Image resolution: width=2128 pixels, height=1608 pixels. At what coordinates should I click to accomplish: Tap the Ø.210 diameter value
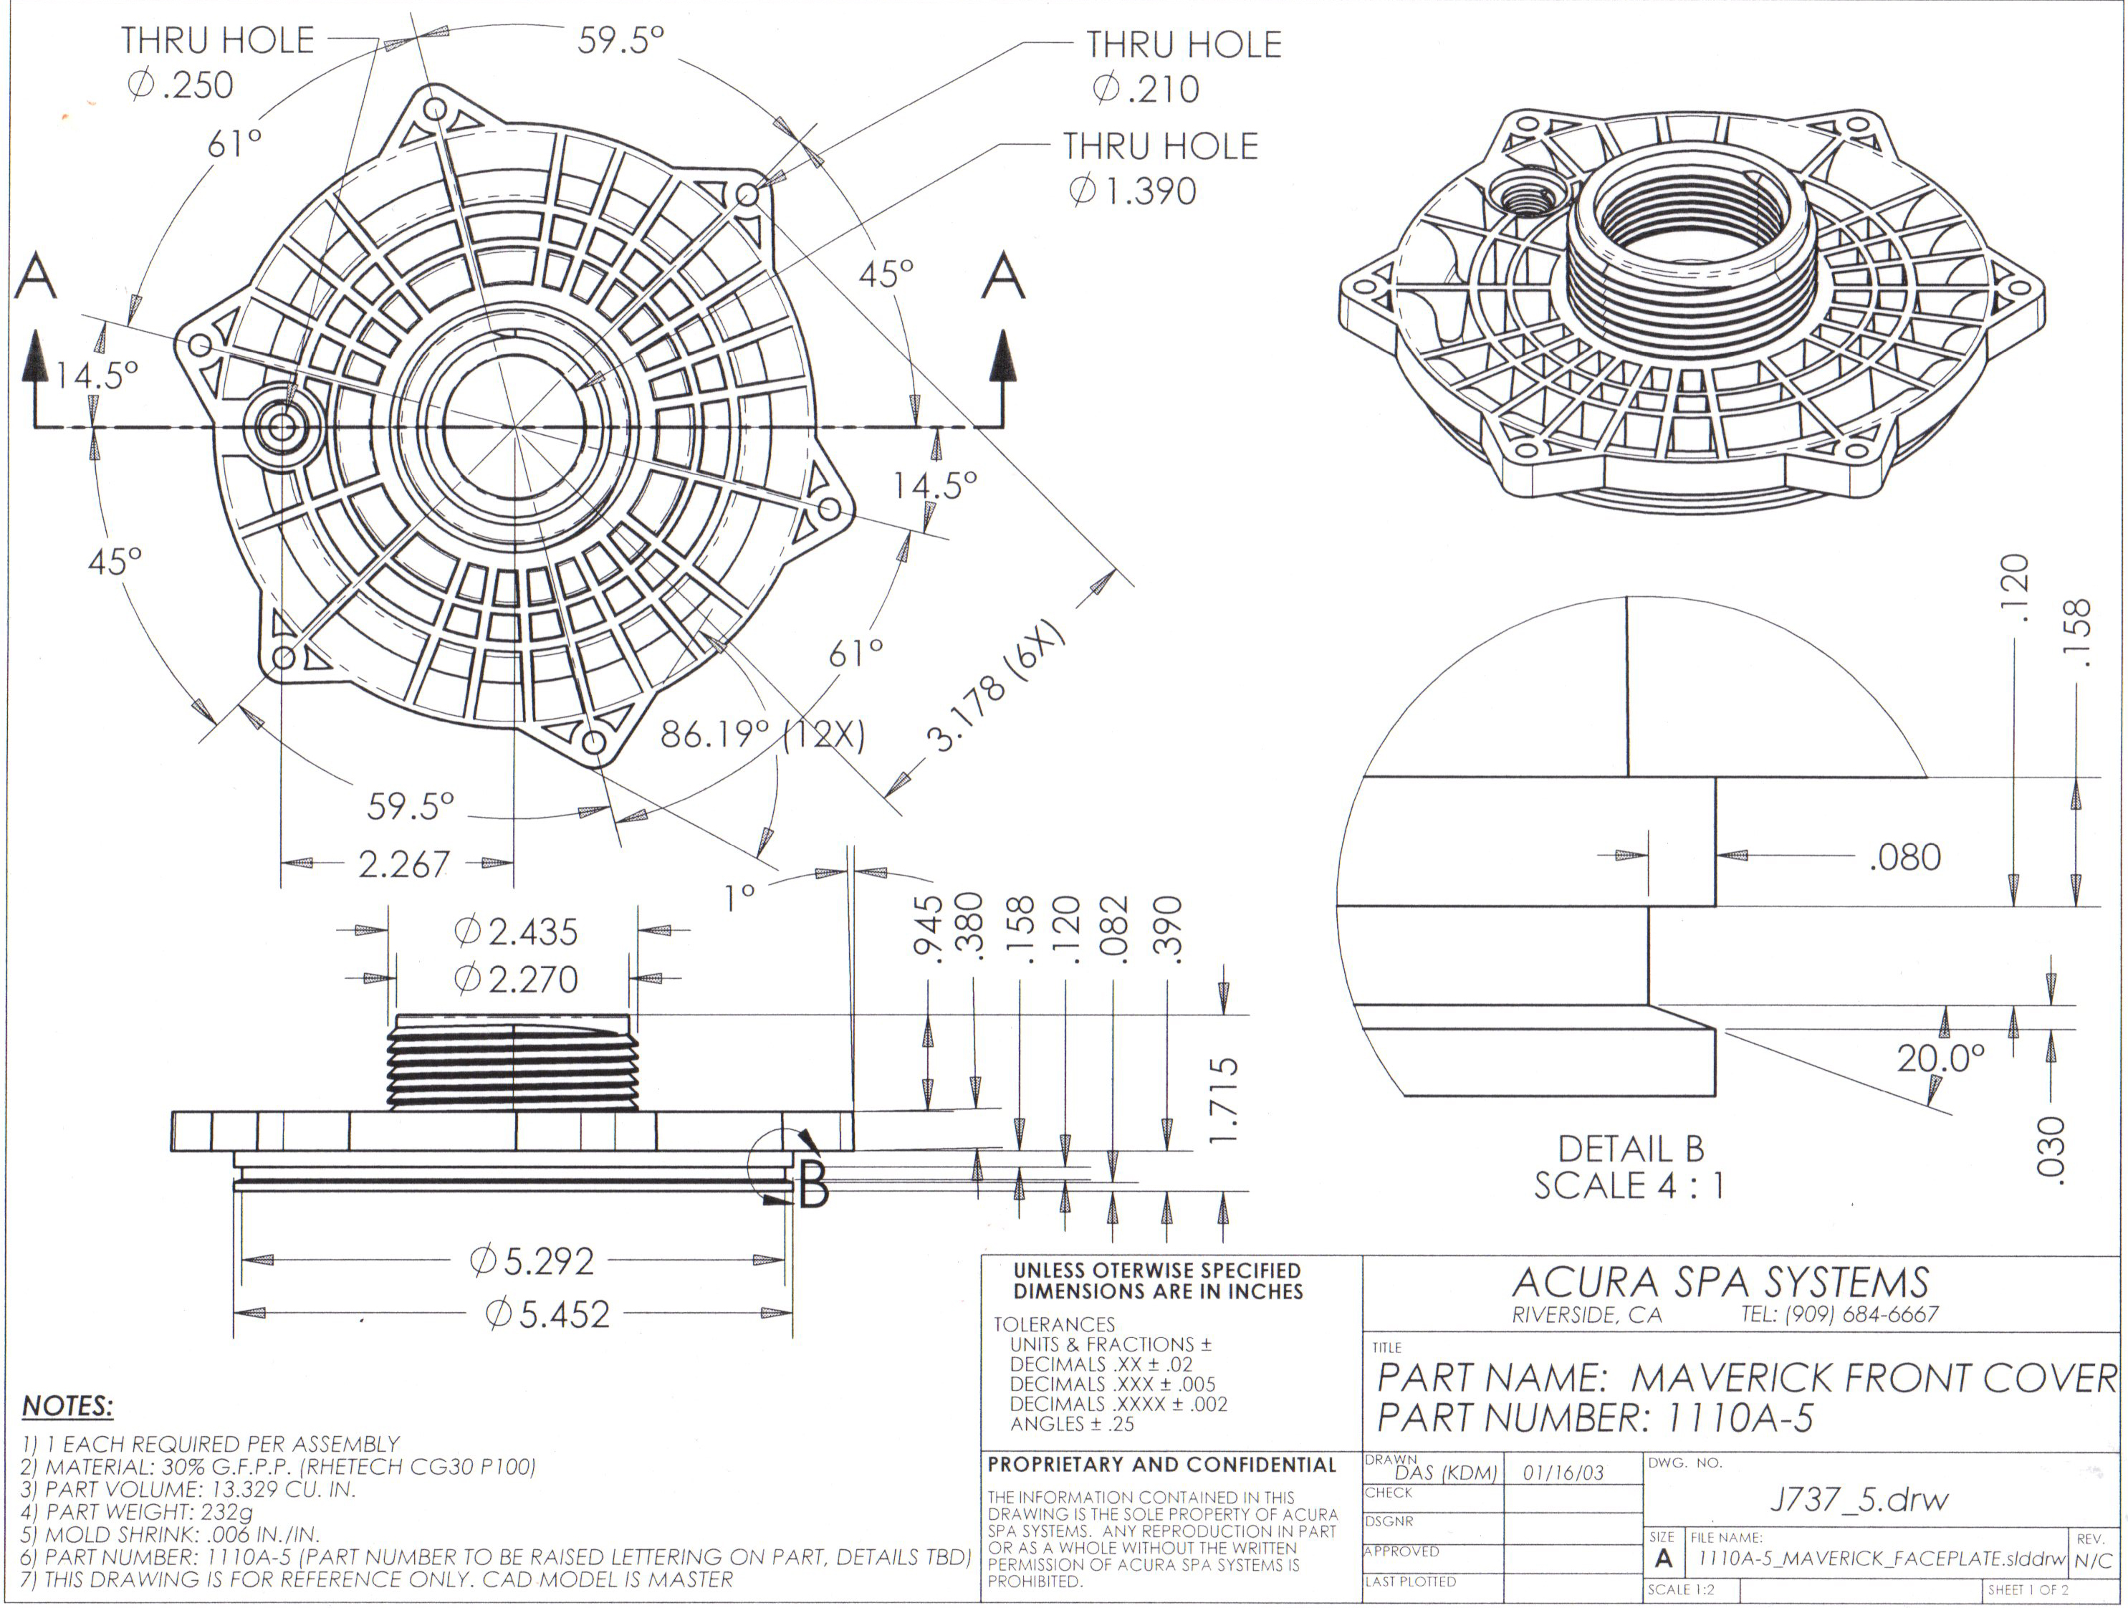click(1146, 90)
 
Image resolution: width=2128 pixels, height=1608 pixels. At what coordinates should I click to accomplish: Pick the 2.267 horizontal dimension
click(404, 864)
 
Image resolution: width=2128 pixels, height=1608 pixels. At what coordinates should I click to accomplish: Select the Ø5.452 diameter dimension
click(547, 1313)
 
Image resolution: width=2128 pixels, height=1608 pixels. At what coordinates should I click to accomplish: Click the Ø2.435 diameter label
click(516, 932)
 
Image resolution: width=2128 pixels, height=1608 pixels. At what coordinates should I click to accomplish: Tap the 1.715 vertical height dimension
click(1224, 1099)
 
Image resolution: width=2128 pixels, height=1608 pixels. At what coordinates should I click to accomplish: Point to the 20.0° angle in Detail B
click(1940, 1058)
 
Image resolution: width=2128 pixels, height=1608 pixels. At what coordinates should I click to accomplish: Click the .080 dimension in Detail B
click(1904, 856)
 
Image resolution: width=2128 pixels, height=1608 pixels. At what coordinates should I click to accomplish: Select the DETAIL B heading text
click(1631, 1149)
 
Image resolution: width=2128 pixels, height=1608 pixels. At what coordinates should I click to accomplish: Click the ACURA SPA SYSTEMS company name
click(1720, 1283)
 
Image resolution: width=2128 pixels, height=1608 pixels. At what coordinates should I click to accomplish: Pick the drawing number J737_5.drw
click(1859, 1498)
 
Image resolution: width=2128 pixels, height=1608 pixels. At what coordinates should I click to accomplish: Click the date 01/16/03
click(1563, 1473)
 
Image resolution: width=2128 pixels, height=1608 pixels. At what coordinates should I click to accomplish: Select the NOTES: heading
click(67, 1406)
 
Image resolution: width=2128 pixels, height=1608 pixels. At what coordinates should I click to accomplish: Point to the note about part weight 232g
click(137, 1512)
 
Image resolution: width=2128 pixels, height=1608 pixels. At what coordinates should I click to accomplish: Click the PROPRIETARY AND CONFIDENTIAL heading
click(1162, 1465)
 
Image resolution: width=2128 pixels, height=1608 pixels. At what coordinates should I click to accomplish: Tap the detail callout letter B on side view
click(814, 1187)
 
